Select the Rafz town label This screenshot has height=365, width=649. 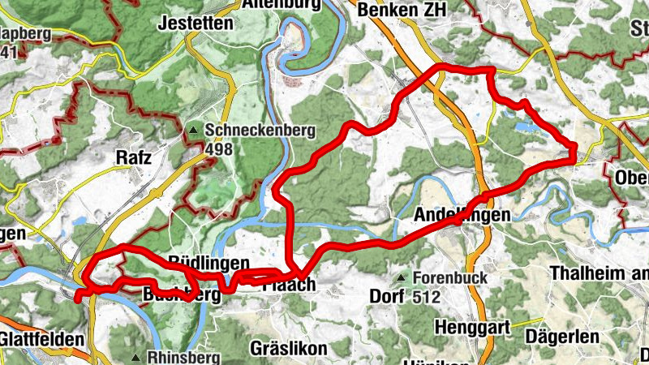[x=134, y=157]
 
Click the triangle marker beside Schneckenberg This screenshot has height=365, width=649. [x=193, y=131]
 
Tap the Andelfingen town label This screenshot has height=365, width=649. [x=462, y=216]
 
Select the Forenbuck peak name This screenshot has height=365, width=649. [x=450, y=278]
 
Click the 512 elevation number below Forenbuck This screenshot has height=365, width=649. [x=425, y=297]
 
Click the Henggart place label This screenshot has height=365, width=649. [x=471, y=328]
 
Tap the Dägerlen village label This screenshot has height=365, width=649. [x=562, y=335]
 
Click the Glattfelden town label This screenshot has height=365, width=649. [x=41, y=338]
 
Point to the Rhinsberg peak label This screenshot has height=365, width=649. [x=181, y=357]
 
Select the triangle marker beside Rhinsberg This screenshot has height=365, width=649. [x=136, y=357]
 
